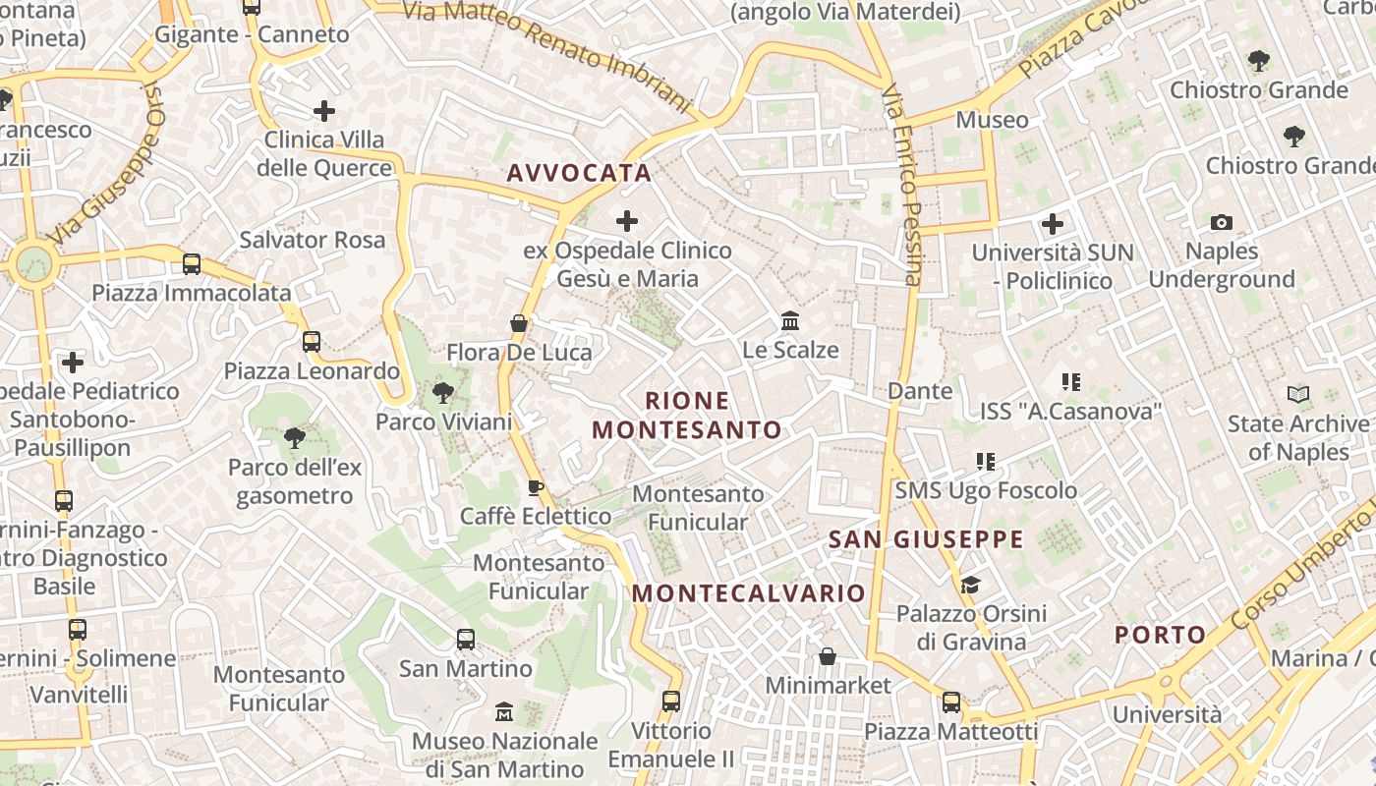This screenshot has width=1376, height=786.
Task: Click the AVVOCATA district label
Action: [x=579, y=173]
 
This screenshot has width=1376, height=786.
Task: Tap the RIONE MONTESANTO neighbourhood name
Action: [x=687, y=416]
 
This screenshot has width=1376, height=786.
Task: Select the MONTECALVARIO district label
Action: [x=748, y=593]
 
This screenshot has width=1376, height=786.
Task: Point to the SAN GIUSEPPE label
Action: [x=926, y=539]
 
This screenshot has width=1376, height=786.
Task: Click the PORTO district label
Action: [x=1160, y=635]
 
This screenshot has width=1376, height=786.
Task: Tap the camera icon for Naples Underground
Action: [x=1222, y=223]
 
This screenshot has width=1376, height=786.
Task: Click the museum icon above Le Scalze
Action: [x=790, y=321]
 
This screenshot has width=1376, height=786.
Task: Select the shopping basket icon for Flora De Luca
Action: [x=519, y=323]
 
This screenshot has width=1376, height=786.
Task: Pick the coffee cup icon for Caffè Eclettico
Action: [x=536, y=487]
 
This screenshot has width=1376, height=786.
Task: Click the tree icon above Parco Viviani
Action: [x=443, y=393]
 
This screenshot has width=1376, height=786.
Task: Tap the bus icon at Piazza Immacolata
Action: [x=192, y=263]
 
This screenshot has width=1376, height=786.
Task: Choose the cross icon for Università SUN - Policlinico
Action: [x=1053, y=224]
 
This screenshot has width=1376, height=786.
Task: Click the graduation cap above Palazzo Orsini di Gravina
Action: [x=970, y=585]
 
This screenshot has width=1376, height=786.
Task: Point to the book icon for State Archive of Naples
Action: [x=1298, y=395]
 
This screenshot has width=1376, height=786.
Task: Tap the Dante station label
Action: [x=920, y=391]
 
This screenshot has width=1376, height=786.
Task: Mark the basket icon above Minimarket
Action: [x=828, y=655]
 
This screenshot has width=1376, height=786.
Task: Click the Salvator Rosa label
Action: [x=313, y=240]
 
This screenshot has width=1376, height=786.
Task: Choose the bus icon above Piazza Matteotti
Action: [x=950, y=702]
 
